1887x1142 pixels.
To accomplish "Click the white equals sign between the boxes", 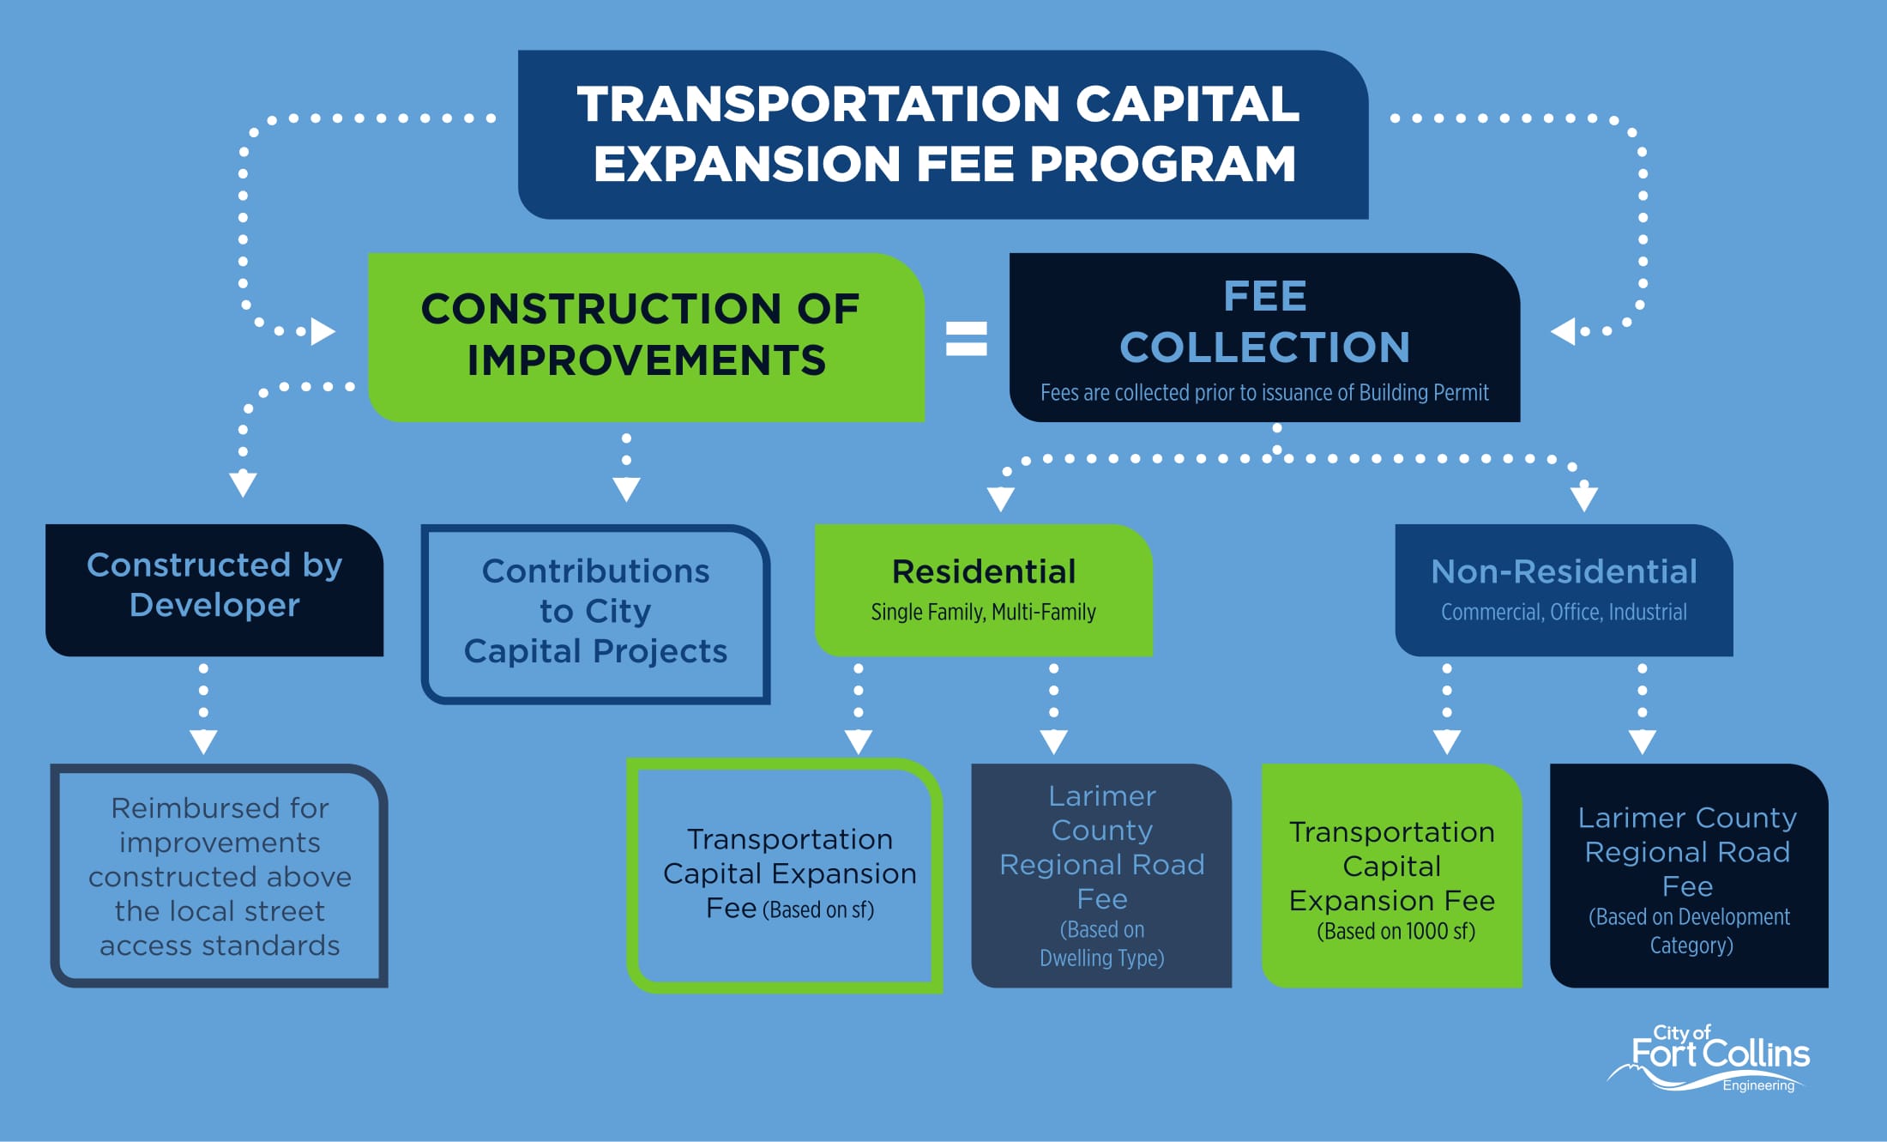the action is (x=967, y=338).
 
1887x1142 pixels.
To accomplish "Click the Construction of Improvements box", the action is (x=646, y=337).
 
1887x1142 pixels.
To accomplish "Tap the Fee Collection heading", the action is (x=1265, y=322).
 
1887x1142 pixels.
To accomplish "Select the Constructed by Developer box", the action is (x=214, y=590).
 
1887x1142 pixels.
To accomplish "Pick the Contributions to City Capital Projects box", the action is (x=595, y=614).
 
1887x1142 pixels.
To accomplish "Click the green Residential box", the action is (x=983, y=590).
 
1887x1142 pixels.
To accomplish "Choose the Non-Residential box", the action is (x=1564, y=590).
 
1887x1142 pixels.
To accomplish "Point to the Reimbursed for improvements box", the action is (x=220, y=875).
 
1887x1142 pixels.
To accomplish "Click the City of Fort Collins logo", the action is (x=1709, y=1059).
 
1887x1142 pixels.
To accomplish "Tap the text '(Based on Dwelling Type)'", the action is (x=1102, y=944).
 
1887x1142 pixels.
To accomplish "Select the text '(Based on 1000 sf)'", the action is (x=1396, y=932).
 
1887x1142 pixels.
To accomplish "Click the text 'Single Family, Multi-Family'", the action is (x=983, y=612).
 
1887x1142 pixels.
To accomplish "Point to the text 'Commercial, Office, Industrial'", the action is (x=1564, y=612).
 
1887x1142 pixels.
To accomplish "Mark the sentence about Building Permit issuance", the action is (x=1264, y=393).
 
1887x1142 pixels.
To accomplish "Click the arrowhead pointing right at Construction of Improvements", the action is (x=323, y=331).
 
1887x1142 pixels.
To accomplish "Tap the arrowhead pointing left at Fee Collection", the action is (x=1563, y=331).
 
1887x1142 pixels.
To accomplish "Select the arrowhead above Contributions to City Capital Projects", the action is (x=626, y=489).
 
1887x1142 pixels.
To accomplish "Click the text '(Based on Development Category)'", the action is (x=1690, y=931).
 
